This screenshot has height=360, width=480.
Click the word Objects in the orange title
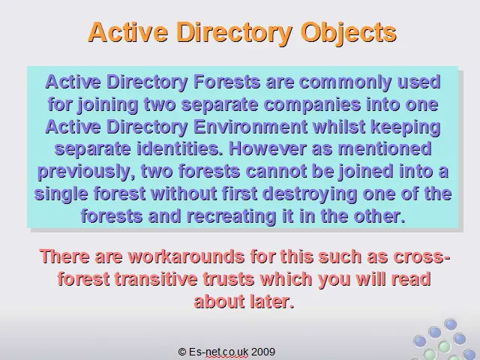tap(349, 33)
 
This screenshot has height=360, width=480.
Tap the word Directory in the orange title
tap(234, 33)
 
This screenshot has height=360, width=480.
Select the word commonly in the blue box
tap(345, 82)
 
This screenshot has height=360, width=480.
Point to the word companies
tap(312, 105)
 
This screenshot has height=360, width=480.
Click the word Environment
tap(250, 127)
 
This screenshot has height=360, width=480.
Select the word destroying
tap(310, 194)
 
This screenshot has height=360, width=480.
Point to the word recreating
tap(232, 217)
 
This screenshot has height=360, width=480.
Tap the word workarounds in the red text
tap(186, 256)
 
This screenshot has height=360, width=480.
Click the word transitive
tap(156, 279)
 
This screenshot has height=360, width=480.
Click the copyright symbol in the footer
tap(182, 352)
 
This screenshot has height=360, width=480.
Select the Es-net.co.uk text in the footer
tap(218, 352)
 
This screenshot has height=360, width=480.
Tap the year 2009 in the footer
tap(263, 352)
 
